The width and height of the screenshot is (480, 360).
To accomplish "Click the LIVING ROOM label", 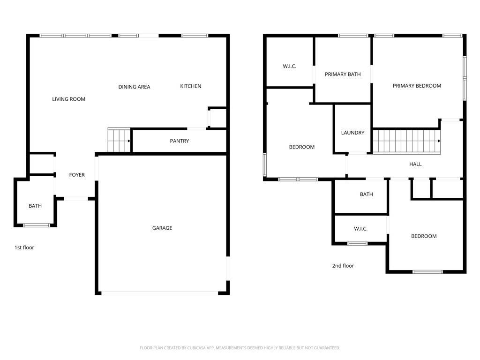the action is pyautogui.click(x=68, y=99).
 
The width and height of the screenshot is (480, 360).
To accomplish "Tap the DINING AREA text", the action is pyautogui.click(x=134, y=87).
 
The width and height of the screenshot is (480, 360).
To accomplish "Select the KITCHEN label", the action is pyautogui.click(x=190, y=86).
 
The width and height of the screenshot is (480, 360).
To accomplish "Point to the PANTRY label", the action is pyautogui.click(x=180, y=141).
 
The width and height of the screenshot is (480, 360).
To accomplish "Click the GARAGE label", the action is pyautogui.click(x=162, y=228).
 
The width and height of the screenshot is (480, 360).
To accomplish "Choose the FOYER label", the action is pyautogui.click(x=77, y=175).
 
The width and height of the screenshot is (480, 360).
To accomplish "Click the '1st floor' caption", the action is pyautogui.click(x=24, y=247).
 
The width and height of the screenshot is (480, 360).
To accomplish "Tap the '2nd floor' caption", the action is pyautogui.click(x=343, y=266).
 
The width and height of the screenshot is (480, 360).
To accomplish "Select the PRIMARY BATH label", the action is pyautogui.click(x=343, y=74).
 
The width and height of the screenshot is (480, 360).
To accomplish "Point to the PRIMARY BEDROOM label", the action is pyautogui.click(x=417, y=86).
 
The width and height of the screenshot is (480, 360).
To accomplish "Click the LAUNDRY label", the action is pyautogui.click(x=352, y=133).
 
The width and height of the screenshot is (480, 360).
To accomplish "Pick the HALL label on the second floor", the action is pyautogui.click(x=415, y=164).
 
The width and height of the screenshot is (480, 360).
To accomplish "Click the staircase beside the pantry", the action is pyautogui.click(x=119, y=140).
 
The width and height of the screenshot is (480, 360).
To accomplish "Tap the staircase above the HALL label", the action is pyautogui.click(x=406, y=141).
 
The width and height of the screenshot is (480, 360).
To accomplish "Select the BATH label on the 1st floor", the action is pyautogui.click(x=35, y=206).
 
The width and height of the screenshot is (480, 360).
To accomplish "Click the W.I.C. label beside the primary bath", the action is pyautogui.click(x=289, y=66).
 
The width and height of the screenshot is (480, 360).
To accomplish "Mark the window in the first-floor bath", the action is pyautogui.click(x=37, y=225).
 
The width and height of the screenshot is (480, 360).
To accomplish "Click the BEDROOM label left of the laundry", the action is pyautogui.click(x=301, y=147).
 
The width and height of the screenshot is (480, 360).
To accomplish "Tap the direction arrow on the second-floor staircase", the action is pyautogui.click(x=439, y=141).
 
